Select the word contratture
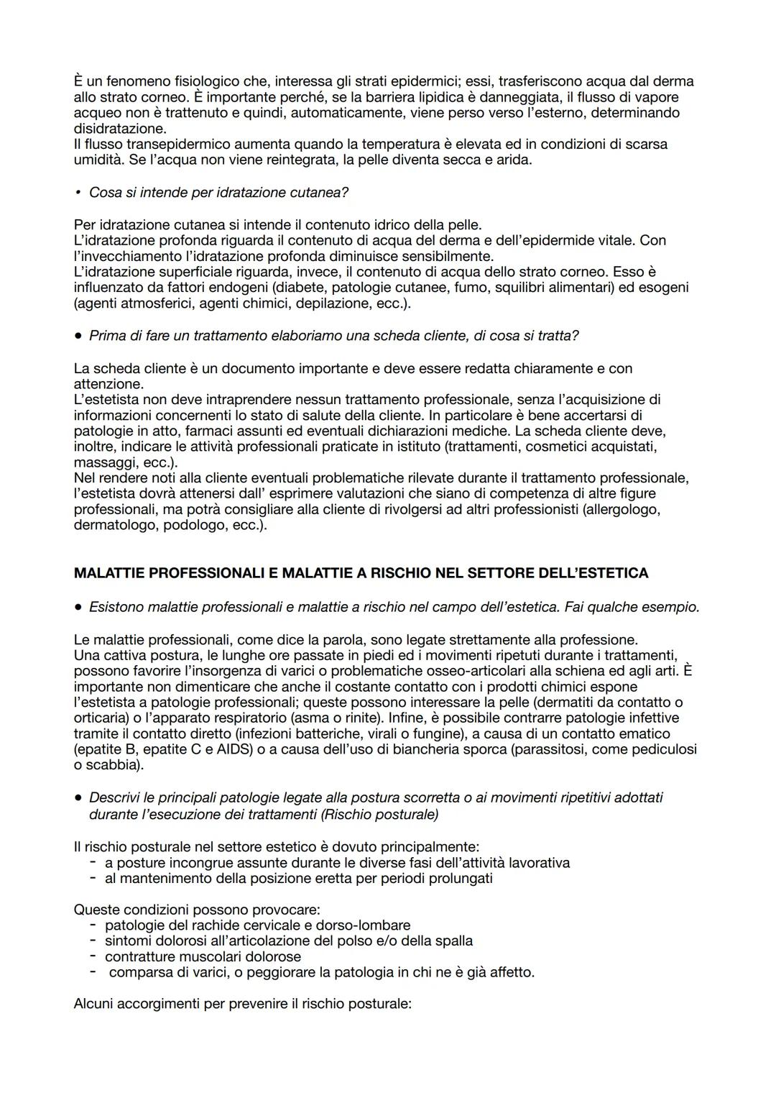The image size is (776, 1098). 140,956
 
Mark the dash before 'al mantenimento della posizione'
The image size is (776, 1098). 93,878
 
